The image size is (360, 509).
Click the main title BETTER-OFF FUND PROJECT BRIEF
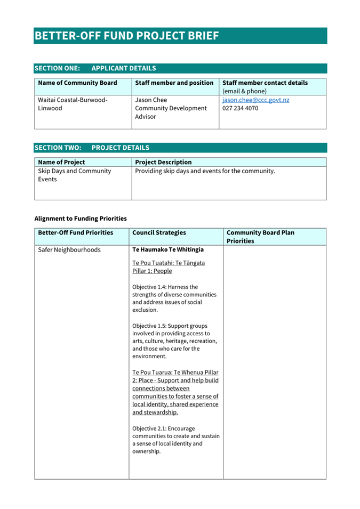(126, 36)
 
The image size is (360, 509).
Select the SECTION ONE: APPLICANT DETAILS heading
(95, 68)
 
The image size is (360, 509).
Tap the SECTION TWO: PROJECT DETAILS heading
(92, 148)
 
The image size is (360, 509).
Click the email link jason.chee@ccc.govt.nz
(255, 100)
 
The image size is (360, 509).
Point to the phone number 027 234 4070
(240, 108)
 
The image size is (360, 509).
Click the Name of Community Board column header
(77, 83)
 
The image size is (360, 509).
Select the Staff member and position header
(174, 83)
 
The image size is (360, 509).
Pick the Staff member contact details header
(265, 83)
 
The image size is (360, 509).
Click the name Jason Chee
(151, 100)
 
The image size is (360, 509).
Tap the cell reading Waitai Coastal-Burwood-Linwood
(73, 104)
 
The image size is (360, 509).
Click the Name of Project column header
(61, 162)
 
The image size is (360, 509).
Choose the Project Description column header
(163, 162)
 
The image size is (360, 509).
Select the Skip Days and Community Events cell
(75, 175)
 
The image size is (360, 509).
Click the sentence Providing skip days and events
(205, 171)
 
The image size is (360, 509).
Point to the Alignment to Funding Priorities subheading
(81, 218)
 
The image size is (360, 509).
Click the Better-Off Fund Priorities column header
(76, 232)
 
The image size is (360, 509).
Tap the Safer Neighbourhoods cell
(69, 249)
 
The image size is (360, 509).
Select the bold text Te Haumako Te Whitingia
(168, 249)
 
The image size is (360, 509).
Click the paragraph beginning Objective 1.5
(174, 341)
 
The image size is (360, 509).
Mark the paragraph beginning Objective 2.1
(175, 440)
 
